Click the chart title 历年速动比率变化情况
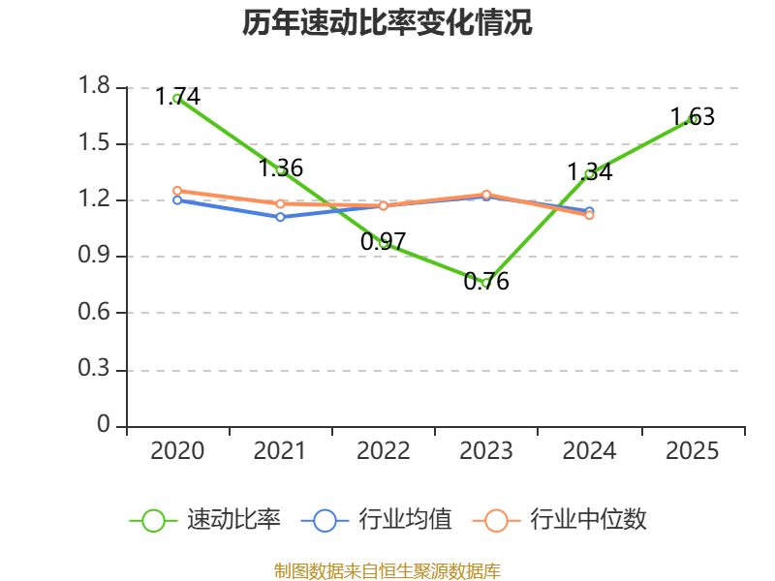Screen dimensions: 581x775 (x=387, y=23)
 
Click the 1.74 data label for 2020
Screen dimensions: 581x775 (x=178, y=97)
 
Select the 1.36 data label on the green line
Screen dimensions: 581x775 (x=281, y=168)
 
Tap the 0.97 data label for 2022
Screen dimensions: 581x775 (x=384, y=242)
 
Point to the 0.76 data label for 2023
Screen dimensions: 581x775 (x=486, y=283)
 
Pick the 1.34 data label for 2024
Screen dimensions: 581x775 (x=590, y=172)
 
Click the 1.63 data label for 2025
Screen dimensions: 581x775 (x=693, y=117)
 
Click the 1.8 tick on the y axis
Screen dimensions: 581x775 (x=96, y=88)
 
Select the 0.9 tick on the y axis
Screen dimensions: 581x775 (x=96, y=258)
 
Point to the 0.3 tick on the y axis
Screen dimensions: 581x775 (x=96, y=370)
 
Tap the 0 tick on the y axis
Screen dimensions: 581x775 (x=105, y=426)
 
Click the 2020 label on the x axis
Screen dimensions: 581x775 (x=178, y=451)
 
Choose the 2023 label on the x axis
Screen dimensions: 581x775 (x=486, y=451)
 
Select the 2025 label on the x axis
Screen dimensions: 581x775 (x=693, y=451)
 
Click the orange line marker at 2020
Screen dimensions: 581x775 (x=177, y=191)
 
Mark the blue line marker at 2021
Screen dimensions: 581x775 (x=280, y=217)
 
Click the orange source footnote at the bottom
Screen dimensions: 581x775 (x=387, y=570)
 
